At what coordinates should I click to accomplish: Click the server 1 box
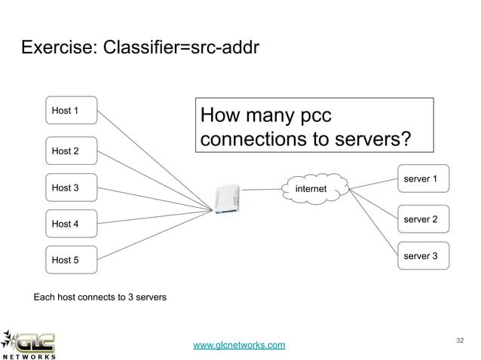[423, 179]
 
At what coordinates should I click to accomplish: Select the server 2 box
[423, 219]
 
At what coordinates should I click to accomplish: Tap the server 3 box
[423, 256]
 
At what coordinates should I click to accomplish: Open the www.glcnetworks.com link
[239, 345]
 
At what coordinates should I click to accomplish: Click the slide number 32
[459, 341]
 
